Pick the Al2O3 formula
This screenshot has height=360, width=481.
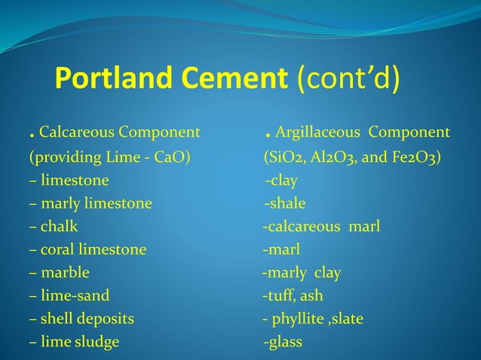coord(336,157)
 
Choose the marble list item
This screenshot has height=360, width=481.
coord(65,273)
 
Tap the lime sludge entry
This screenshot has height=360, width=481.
coord(80,342)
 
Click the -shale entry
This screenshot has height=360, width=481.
coord(285,203)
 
